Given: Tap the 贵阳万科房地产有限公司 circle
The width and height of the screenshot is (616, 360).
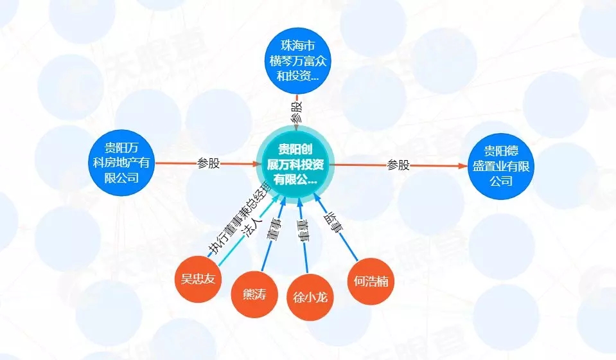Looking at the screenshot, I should tap(122, 163).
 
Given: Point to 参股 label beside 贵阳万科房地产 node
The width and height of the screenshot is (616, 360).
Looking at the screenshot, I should tap(208, 164).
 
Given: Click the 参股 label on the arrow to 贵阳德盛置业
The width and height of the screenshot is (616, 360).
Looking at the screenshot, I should tap(398, 165).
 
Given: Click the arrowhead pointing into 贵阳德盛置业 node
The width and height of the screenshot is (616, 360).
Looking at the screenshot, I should tap(462, 166).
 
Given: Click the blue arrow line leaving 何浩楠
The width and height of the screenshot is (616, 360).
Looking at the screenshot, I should tap(350, 251).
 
